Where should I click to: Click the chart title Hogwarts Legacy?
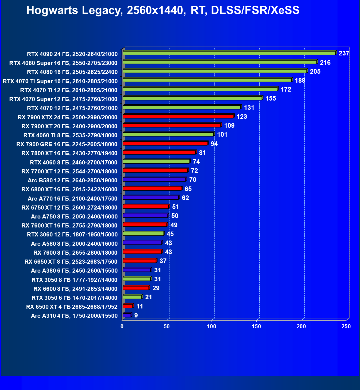coord(163,10)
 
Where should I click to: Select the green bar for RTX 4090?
coord(229,53)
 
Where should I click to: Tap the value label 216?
coord(325,63)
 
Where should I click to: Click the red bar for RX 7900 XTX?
coord(178,116)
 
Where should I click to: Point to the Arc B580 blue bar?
coord(154,180)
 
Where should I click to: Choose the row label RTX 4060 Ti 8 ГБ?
coord(70,135)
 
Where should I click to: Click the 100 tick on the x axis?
coord(212,326)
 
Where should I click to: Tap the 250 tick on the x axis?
coord(346,326)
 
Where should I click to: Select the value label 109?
coord(229,126)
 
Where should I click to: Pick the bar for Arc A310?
coord(127,315)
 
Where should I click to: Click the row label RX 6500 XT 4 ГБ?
coord(72,307)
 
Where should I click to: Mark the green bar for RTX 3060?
coord(143,234)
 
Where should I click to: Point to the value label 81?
coord(202,153)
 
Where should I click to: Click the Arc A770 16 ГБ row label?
coord(73,199)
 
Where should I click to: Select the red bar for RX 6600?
coord(136,288)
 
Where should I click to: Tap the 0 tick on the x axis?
coord(122,326)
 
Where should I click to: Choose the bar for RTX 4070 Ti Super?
coord(207,80)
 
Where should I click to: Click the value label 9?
coord(136,315)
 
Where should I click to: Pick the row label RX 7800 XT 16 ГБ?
coord(70,153)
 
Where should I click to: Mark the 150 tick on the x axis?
coord(257,326)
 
